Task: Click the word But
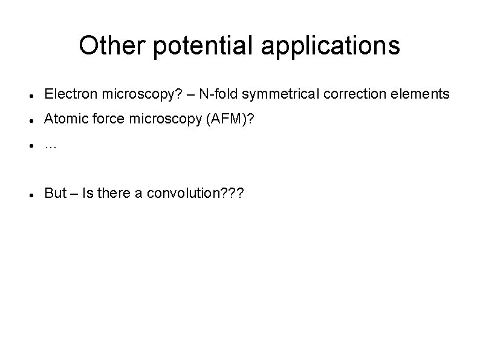click(x=56, y=193)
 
